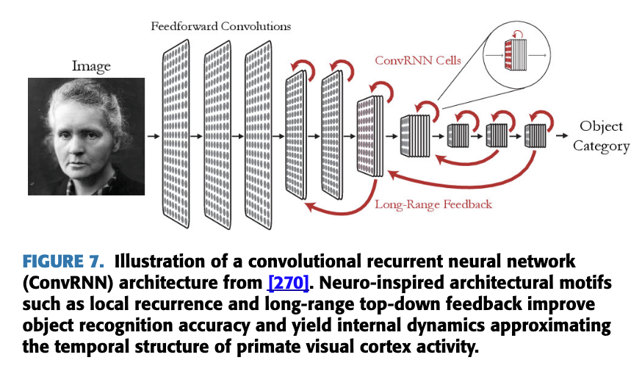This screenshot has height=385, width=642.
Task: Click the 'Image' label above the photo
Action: [91, 67]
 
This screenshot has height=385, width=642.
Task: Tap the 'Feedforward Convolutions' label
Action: [220, 26]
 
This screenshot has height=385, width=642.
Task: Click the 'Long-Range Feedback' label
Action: [433, 204]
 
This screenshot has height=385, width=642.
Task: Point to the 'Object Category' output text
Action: [601, 136]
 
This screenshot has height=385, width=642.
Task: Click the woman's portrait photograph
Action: [86, 137]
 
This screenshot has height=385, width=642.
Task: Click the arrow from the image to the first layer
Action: [153, 137]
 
